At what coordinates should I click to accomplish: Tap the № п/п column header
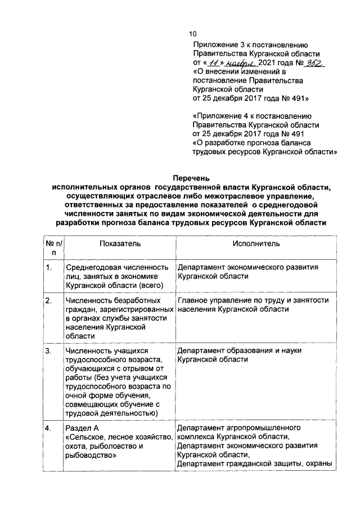tap(54, 248)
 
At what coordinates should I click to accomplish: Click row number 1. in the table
tap(49, 267)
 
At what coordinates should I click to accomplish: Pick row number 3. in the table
tap(49, 350)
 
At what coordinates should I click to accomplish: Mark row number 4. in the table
tap(49, 428)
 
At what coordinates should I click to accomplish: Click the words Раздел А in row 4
tap(83, 428)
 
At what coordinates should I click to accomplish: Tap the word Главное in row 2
tap(192, 300)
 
